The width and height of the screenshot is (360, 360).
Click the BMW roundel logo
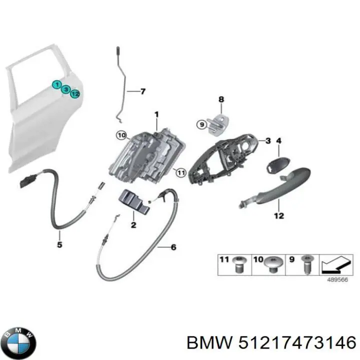(20, 343)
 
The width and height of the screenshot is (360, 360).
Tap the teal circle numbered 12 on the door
(75, 93)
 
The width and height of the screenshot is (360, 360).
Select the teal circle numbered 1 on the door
(56, 84)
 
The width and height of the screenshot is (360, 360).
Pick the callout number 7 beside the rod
(143, 91)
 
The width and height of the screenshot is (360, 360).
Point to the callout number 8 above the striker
(221, 99)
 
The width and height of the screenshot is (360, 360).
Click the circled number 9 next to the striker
(202, 124)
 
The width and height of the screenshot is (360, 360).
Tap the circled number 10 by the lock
(121, 135)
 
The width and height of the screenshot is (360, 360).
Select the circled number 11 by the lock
(181, 173)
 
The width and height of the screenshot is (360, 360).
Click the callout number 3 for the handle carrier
(268, 140)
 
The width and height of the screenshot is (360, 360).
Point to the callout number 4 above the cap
(278, 140)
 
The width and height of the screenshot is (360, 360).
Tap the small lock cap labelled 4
(278, 163)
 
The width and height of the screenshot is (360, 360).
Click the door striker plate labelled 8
(218, 124)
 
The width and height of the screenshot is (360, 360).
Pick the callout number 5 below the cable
(59, 244)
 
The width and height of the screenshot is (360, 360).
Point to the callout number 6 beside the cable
(173, 247)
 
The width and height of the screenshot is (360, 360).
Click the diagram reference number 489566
(337, 279)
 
